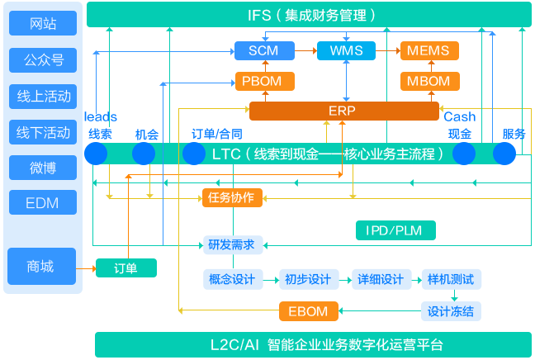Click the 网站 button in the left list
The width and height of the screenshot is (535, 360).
click(x=42, y=24)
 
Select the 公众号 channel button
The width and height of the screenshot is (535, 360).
click(x=42, y=59)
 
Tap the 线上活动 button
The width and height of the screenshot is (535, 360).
click(x=42, y=96)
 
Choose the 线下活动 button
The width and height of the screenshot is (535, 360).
click(x=42, y=131)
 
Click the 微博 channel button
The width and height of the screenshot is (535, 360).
click(x=42, y=167)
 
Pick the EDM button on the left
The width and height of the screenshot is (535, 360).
click(x=42, y=202)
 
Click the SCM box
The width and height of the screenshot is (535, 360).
click(x=263, y=50)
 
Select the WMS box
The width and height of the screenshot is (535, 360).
click(x=346, y=50)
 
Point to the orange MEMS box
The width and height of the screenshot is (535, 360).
click(x=428, y=50)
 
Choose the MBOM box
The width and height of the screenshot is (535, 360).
click(x=428, y=81)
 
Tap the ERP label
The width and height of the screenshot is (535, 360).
click(x=341, y=111)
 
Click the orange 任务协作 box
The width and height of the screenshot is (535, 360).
click(x=231, y=197)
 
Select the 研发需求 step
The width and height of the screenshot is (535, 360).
click(x=231, y=244)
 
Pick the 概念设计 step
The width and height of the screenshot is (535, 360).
click(x=232, y=279)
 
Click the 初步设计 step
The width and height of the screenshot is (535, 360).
click(x=308, y=279)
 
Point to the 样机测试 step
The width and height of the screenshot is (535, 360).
click(x=451, y=279)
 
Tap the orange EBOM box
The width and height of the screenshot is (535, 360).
click(x=308, y=311)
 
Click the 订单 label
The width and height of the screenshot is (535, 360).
click(x=125, y=268)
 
